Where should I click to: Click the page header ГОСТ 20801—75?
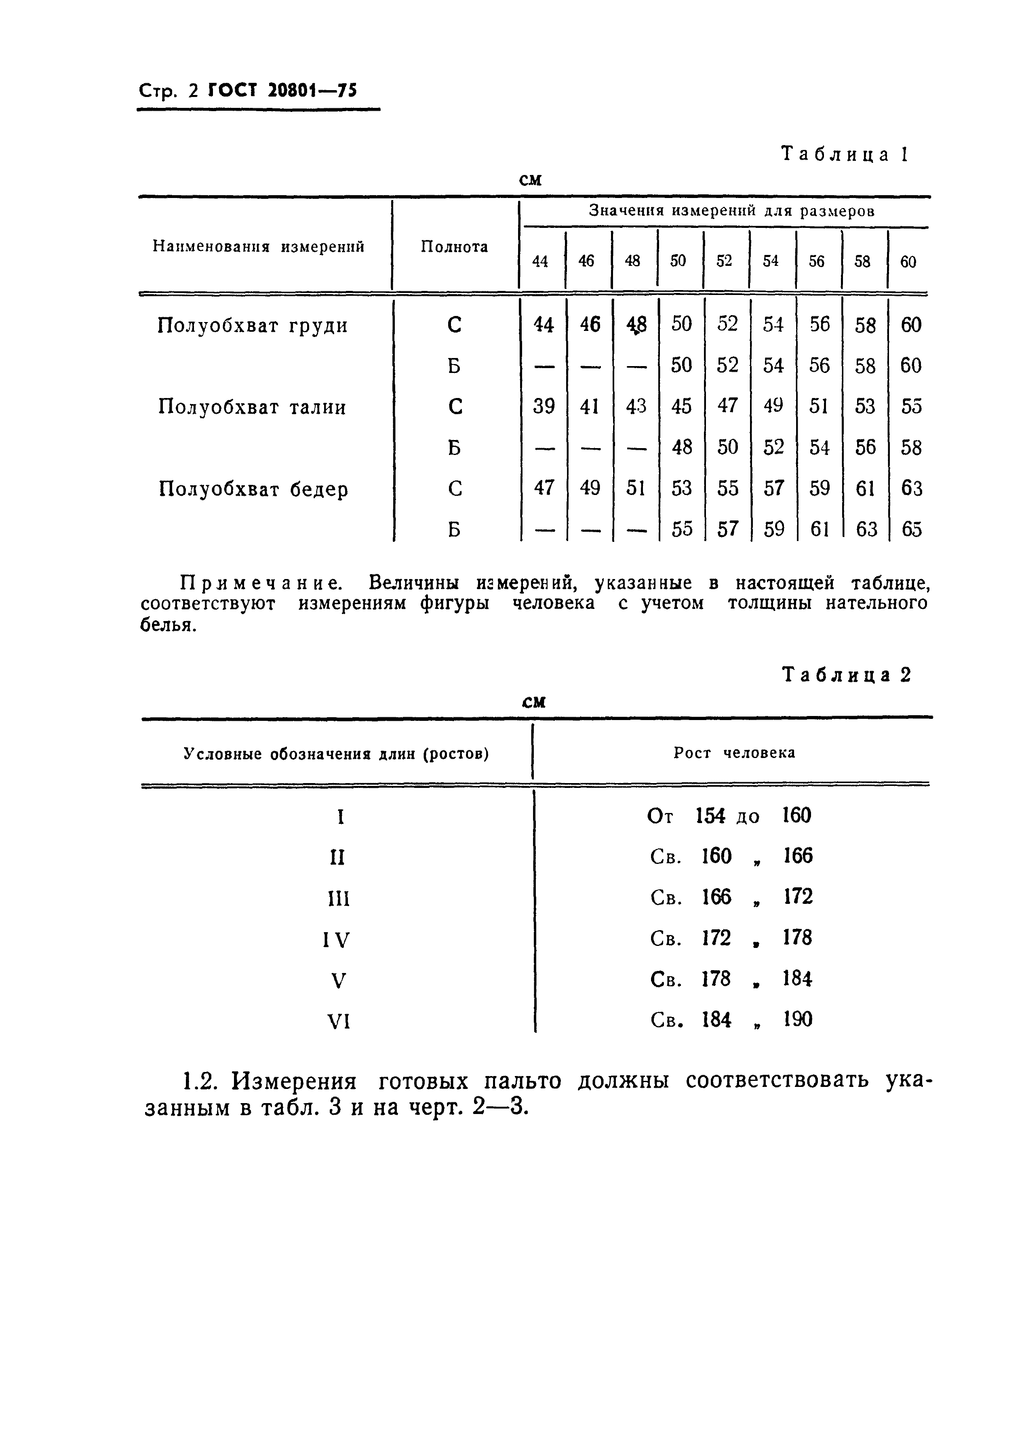click(282, 91)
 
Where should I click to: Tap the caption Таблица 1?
click(845, 154)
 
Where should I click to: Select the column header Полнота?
click(454, 246)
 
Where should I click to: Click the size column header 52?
click(725, 261)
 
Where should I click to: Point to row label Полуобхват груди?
click(252, 326)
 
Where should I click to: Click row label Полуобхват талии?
click(252, 407)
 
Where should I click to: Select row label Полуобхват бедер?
click(253, 489)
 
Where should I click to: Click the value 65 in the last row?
click(911, 529)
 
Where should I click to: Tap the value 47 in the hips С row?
click(544, 487)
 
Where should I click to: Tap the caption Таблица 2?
click(846, 675)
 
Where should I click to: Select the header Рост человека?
click(734, 753)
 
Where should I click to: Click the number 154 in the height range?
click(710, 816)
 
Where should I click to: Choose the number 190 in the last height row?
click(798, 1019)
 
